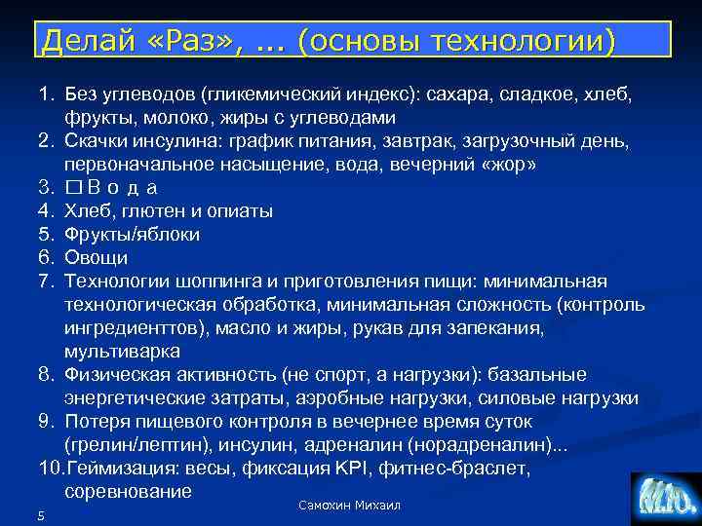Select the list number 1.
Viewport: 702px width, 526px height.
click(x=45, y=95)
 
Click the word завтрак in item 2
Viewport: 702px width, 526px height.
click(x=425, y=141)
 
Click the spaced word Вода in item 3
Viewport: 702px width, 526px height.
click(x=123, y=188)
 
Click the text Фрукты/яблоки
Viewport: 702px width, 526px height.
click(x=132, y=235)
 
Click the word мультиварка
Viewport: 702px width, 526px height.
click(x=122, y=352)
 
